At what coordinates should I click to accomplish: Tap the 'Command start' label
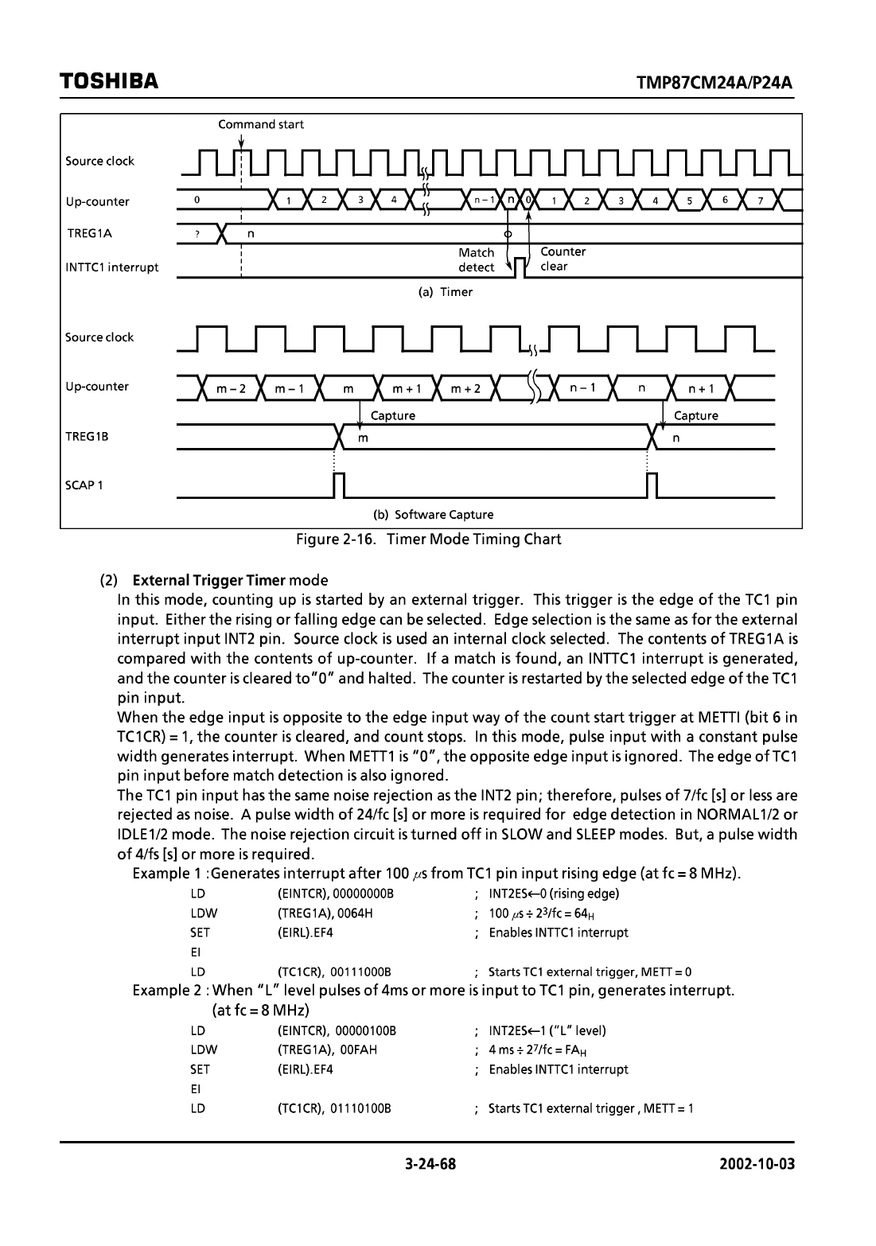(260, 125)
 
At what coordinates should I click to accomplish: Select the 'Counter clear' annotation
(563, 259)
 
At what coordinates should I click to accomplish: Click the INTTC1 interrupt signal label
(112, 267)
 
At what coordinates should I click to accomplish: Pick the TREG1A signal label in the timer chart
(89, 234)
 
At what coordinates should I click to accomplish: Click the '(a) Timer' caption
(446, 292)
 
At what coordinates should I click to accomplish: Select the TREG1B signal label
(87, 437)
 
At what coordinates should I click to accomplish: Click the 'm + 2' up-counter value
(465, 389)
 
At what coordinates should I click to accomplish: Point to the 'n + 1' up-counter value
(701, 389)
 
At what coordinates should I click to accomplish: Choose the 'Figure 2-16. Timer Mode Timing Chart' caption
(429, 539)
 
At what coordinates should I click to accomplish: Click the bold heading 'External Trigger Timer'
(210, 579)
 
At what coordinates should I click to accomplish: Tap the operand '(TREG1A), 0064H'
(325, 913)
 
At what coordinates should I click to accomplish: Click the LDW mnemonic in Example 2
(204, 1049)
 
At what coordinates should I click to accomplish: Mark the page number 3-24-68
(430, 1165)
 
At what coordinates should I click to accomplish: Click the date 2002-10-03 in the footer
(757, 1165)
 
